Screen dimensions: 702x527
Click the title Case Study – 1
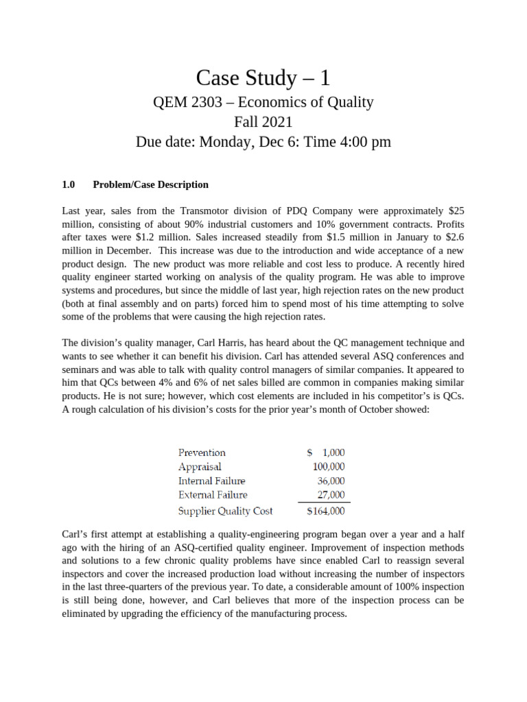point(263,77)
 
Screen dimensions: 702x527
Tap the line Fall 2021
point(263,123)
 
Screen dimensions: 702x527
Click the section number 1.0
point(68,184)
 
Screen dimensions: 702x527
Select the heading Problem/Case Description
point(150,184)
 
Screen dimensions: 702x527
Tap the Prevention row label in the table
point(202,452)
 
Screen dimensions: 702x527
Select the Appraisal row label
point(200,467)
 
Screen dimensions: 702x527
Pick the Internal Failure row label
point(211,481)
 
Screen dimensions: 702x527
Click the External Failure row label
point(213,495)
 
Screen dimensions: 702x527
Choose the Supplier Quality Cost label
point(225,511)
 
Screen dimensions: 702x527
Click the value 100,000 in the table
point(329,467)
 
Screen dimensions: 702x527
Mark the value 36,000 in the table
point(331,481)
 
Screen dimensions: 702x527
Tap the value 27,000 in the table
point(331,495)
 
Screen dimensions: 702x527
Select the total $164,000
point(325,511)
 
